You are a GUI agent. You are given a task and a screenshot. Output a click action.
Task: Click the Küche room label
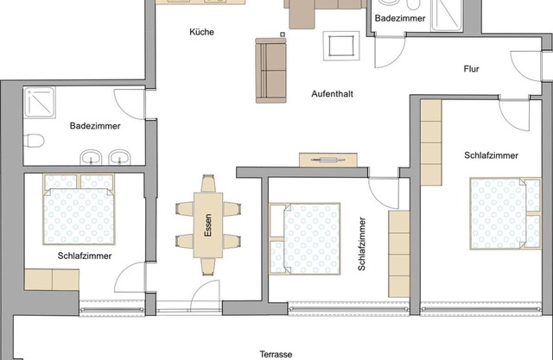[x=201, y=32]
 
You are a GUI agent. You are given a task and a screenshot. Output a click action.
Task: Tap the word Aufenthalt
[x=332, y=94]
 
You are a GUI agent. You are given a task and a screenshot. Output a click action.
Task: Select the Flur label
[x=471, y=69]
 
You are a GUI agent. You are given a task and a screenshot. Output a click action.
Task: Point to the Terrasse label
[x=276, y=354]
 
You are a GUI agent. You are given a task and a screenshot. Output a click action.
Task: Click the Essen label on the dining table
[x=207, y=225]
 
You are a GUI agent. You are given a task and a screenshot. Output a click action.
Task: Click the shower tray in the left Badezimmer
[x=41, y=103]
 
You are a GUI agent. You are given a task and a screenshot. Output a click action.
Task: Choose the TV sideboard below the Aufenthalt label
[x=328, y=159]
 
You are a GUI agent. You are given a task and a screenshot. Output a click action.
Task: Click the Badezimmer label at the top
[x=400, y=17]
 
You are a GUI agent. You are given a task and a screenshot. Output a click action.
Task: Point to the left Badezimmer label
[x=95, y=126]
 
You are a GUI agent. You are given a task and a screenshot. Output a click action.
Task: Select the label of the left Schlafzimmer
[x=84, y=256]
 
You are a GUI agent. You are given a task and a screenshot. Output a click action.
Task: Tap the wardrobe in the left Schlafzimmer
[x=51, y=280]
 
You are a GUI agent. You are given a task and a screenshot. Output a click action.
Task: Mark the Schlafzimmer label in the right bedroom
[x=491, y=155]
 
